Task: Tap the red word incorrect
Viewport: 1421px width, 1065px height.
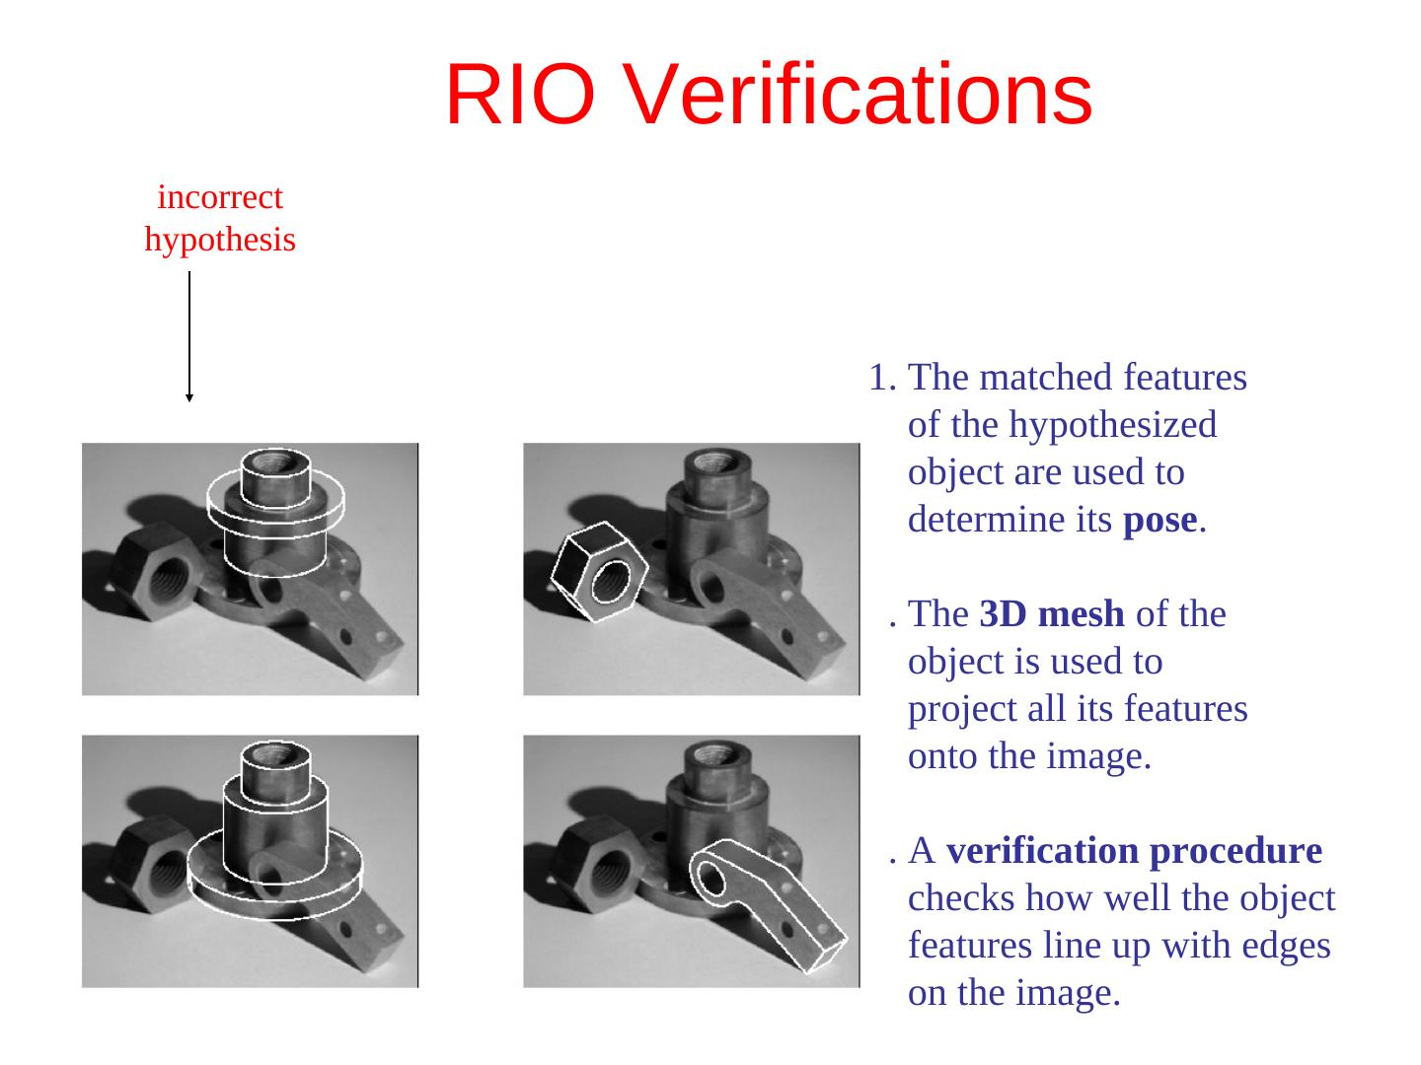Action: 220,196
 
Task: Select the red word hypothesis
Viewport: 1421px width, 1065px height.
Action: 220,240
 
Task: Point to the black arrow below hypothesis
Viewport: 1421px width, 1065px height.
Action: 189,336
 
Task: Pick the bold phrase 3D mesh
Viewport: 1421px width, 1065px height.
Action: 1051,613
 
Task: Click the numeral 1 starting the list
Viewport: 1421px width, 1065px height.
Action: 878,377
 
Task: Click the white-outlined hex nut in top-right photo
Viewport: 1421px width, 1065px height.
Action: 599,572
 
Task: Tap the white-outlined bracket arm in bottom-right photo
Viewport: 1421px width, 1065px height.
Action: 768,905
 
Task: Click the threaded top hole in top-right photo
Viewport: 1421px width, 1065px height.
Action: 717,462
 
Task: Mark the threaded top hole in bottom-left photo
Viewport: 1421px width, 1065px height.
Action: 275,754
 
